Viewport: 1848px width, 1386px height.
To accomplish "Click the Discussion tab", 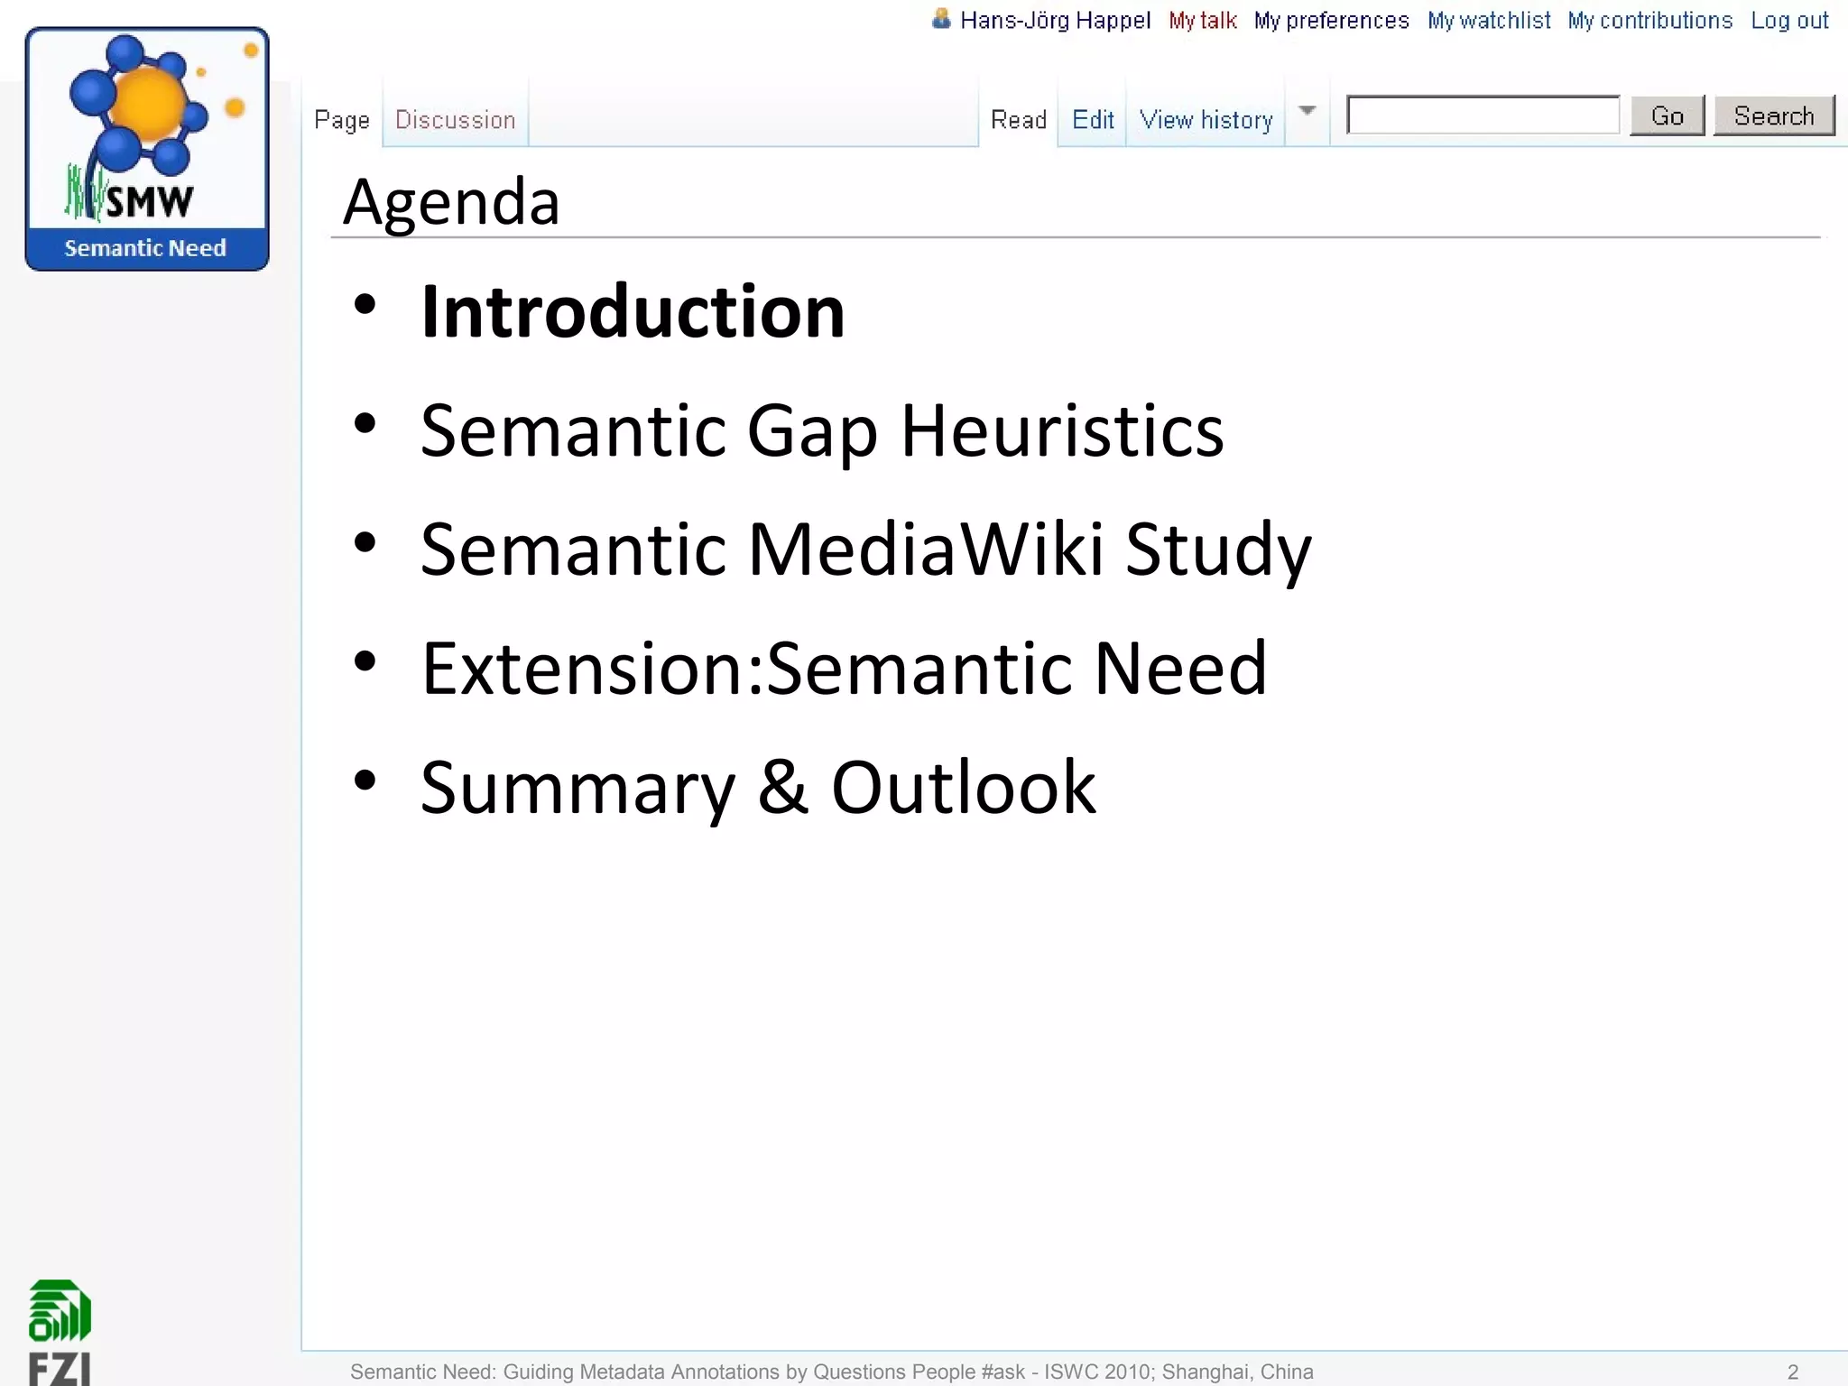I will click(x=455, y=119).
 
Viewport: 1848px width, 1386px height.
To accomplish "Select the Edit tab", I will click(x=1092, y=119).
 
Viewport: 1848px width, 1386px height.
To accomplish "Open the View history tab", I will click(x=1206, y=119).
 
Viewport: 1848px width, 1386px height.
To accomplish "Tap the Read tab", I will click(x=1018, y=119).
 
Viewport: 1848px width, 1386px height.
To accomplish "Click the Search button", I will click(x=1773, y=116).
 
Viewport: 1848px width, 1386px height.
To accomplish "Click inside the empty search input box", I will click(x=1483, y=115).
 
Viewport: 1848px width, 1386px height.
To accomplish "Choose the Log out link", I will click(x=1789, y=20).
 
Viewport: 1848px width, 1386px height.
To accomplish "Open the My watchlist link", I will click(x=1489, y=20).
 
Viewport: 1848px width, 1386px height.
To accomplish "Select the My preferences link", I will click(x=1331, y=20).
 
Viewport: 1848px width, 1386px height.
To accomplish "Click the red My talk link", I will click(x=1202, y=20).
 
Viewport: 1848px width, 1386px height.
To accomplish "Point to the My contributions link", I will click(x=1649, y=20).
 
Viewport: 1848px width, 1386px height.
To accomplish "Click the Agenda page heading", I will click(x=451, y=201).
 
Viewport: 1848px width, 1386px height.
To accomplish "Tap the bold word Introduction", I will click(x=633, y=311).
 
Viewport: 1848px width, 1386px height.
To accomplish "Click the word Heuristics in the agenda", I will click(x=1062, y=430).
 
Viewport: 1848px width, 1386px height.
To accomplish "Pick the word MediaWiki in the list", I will click(x=926, y=549).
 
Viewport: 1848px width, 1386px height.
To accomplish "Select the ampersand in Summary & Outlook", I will click(x=782, y=787).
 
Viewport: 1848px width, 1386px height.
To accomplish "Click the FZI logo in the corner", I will click(x=60, y=1331).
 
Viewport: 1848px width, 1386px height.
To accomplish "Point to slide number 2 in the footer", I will click(x=1793, y=1372).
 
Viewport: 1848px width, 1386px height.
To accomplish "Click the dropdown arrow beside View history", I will click(x=1307, y=111).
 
